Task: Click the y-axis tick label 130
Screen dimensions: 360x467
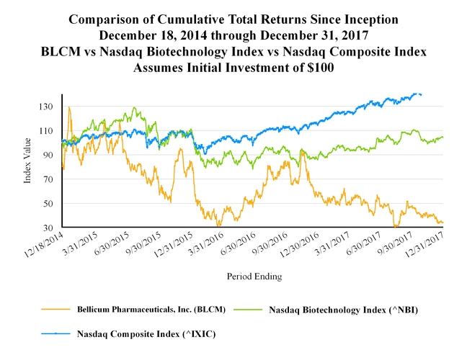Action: (x=48, y=107)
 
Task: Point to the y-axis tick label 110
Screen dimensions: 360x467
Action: (x=48, y=131)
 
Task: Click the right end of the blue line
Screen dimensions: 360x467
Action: (x=421, y=94)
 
